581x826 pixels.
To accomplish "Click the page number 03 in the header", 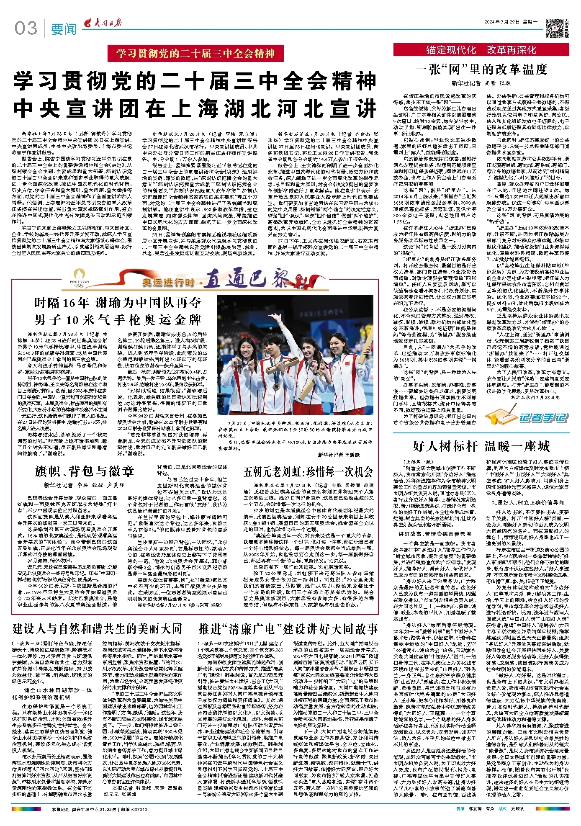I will click(26, 28).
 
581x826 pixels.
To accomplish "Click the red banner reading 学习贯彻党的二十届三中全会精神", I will click(195, 54).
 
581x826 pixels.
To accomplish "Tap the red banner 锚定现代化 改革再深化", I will click(481, 50).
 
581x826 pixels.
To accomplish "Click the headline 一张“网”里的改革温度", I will click(481, 69).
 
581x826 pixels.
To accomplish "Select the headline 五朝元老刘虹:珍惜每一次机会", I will click(308, 472).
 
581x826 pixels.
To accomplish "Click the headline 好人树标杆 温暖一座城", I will click(481, 446).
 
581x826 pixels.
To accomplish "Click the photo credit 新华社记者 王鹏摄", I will click(338, 454).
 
